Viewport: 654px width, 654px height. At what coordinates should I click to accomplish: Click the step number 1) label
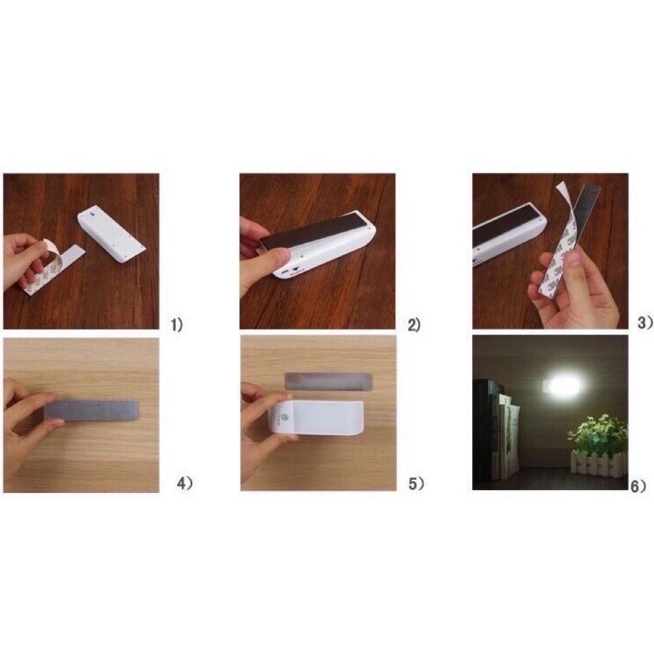tap(178, 324)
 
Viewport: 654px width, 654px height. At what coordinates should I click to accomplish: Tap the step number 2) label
tap(414, 324)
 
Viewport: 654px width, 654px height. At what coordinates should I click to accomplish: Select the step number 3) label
tap(645, 322)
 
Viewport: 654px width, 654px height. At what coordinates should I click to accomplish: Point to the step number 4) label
tap(184, 484)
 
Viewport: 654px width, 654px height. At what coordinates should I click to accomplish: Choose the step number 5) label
tap(416, 484)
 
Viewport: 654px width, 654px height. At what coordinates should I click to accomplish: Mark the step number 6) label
tap(639, 485)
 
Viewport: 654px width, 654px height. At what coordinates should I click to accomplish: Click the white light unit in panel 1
tap(114, 235)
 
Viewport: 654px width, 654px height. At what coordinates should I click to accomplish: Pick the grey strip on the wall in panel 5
tap(329, 380)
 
